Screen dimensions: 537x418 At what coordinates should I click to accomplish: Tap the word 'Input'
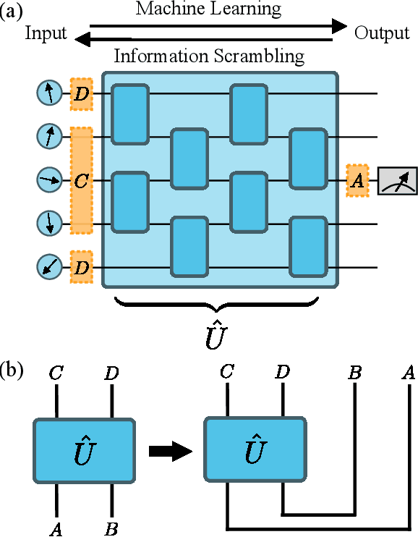46,33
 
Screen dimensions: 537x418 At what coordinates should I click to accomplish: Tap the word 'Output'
381,33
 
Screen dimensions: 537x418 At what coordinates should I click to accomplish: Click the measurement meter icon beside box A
397,181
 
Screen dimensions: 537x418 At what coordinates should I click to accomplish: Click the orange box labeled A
357,181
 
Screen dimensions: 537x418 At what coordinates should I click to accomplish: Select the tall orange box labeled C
82,181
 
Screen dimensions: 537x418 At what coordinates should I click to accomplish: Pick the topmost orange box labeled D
82,93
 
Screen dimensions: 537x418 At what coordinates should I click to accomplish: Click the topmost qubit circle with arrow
49,93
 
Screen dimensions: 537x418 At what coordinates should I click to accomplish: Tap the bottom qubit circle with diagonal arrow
49,268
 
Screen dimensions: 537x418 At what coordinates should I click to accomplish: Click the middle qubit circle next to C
49,180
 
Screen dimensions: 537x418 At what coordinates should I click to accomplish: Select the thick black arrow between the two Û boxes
169,451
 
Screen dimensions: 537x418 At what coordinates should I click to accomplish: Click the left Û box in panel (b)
83,450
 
